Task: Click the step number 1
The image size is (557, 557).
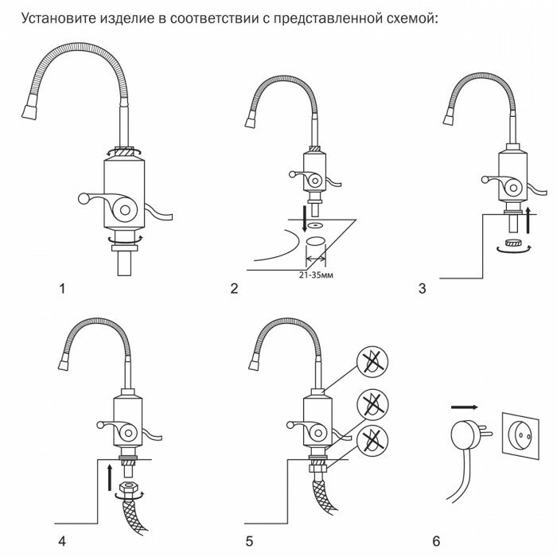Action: [63, 288]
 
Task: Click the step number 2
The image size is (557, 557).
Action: [234, 288]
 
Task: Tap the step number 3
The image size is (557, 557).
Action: [422, 288]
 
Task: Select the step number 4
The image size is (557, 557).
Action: [63, 520]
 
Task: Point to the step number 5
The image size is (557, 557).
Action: [249, 520]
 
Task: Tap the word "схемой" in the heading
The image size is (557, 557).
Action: [407, 18]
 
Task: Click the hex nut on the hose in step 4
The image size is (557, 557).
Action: [125, 486]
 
